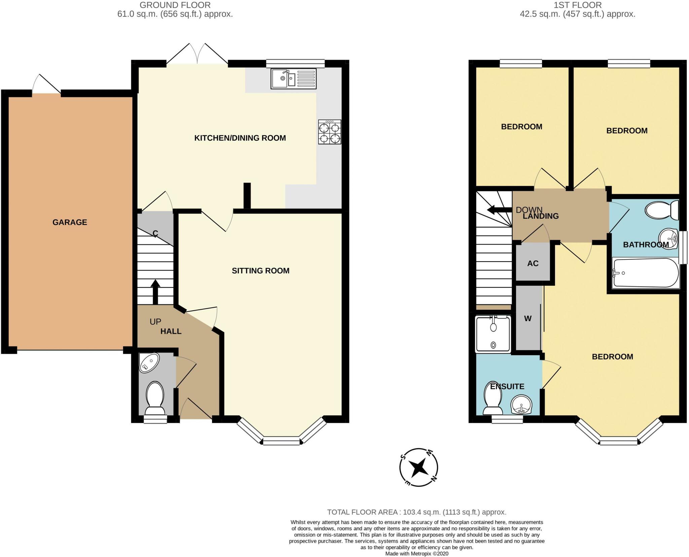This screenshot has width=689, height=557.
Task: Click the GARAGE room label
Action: click(70, 222)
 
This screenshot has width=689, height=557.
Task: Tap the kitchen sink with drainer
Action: click(293, 78)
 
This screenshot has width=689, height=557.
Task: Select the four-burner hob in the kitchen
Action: click(330, 132)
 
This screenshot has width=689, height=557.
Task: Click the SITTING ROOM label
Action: click(260, 271)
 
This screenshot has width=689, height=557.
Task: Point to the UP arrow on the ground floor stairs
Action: click(155, 292)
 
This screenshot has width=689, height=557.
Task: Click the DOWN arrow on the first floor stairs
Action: click(500, 210)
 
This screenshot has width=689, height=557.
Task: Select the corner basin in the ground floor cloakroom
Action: click(149, 363)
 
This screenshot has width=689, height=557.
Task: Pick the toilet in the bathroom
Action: click(661, 210)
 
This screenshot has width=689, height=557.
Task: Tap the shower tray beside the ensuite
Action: click(493, 334)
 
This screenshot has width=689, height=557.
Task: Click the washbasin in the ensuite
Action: click(521, 405)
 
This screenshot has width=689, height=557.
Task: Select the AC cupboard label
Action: click(533, 263)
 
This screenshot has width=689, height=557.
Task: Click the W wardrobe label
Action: click(528, 318)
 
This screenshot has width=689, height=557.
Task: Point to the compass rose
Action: click(419, 467)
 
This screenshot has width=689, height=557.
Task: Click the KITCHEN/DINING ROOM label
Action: click(240, 138)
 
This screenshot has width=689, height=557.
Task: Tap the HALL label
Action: click(171, 331)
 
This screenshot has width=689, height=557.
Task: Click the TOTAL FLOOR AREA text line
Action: click(417, 512)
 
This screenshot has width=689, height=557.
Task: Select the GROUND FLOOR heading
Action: click(175, 5)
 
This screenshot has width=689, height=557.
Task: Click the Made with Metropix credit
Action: click(417, 554)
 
